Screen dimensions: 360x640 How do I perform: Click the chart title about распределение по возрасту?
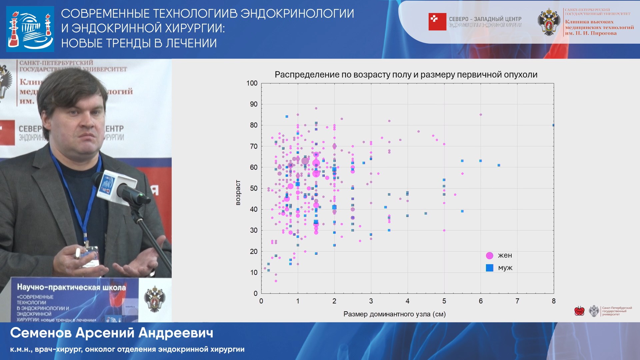(x=406, y=75)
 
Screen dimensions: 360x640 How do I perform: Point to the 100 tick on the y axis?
(x=252, y=83)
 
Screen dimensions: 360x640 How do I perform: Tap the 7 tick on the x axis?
(x=517, y=301)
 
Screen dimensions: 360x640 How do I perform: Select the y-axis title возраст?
(x=238, y=193)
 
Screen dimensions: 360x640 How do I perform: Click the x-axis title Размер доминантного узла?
(x=394, y=314)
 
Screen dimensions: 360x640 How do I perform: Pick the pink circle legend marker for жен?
(x=489, y=256)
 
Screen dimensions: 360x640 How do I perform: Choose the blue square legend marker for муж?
(x=489, y=268)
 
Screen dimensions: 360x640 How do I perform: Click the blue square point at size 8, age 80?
(x=553, y=125)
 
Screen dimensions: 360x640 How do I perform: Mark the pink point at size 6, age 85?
(x=481, y=115)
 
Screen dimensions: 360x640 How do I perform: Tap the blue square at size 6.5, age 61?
(x=499, y=165)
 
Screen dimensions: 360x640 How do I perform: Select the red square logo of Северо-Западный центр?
(x=437, y=22)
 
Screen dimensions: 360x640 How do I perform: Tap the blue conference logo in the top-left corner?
(x=30, y=29)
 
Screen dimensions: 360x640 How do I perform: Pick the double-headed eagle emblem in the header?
(x=548, y=22)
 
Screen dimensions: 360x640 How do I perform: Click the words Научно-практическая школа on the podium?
(x=71, y=287)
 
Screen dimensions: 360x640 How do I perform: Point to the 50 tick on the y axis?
(x=253, y=188)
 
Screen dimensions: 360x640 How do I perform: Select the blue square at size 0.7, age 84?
(x=287, y=117)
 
